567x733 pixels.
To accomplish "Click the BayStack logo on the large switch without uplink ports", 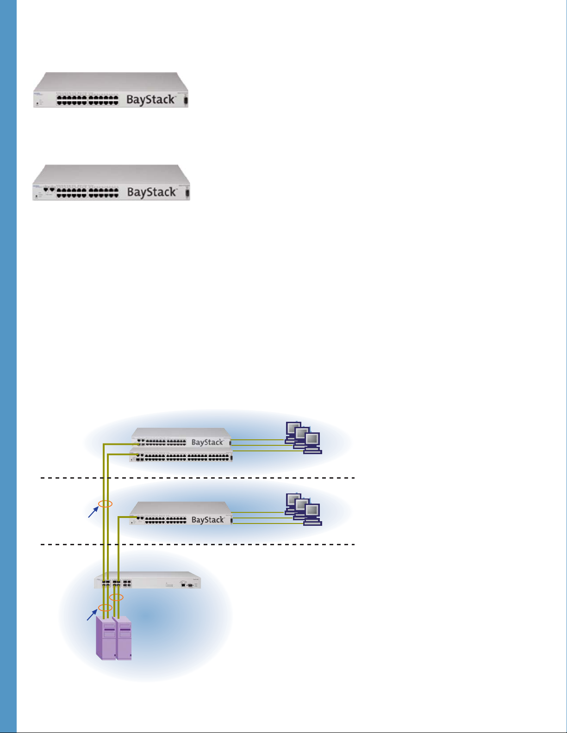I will point(151,99).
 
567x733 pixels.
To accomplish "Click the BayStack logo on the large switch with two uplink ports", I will point(152,192).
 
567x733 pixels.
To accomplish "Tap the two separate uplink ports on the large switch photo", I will point(49,190).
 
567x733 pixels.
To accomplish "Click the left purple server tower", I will point(106,638).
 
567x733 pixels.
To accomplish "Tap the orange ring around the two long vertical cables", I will point(106,504).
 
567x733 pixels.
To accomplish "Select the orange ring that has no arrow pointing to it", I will point(116,597).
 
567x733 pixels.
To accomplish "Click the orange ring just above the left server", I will point(106,607).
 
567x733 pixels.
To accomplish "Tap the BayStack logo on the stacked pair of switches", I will point(207,442).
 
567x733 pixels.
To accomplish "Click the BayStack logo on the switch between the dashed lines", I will point(207,520).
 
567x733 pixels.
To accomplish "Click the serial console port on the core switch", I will point(190,585).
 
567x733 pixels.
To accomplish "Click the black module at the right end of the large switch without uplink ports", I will point(186,100).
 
